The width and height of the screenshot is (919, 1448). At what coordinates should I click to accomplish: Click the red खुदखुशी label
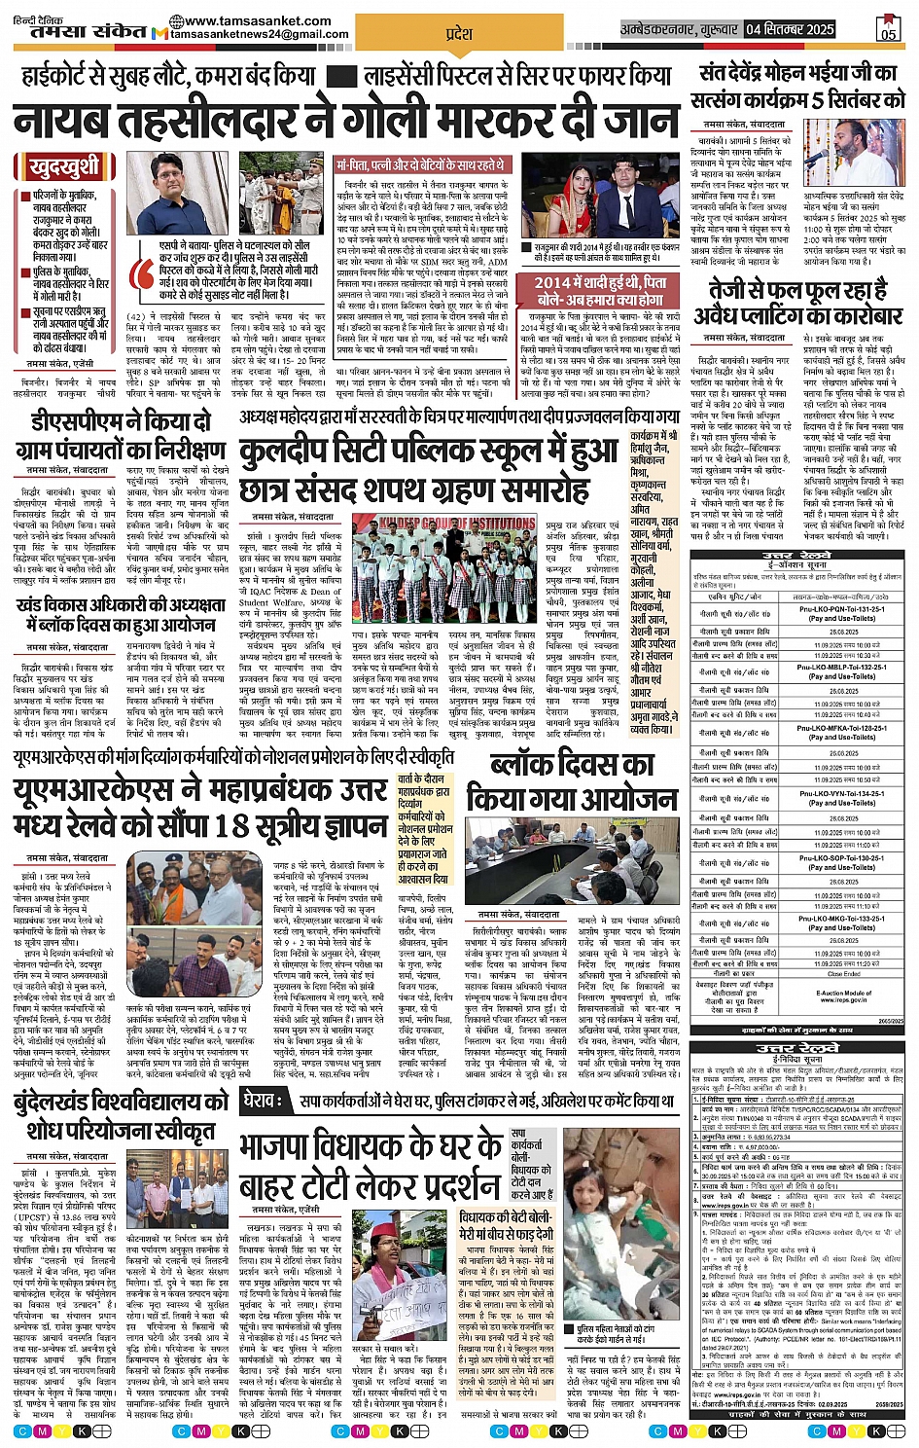tap(64, 166)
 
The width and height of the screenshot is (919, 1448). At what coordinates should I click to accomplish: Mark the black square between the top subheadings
tap(339, 76)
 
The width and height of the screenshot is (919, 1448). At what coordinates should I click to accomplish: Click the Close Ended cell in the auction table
tap(842, 973)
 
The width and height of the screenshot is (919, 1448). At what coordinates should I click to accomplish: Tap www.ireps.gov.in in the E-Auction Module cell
tap(842, 999)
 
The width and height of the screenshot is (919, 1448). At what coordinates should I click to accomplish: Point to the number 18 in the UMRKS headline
tap(234, 825)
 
